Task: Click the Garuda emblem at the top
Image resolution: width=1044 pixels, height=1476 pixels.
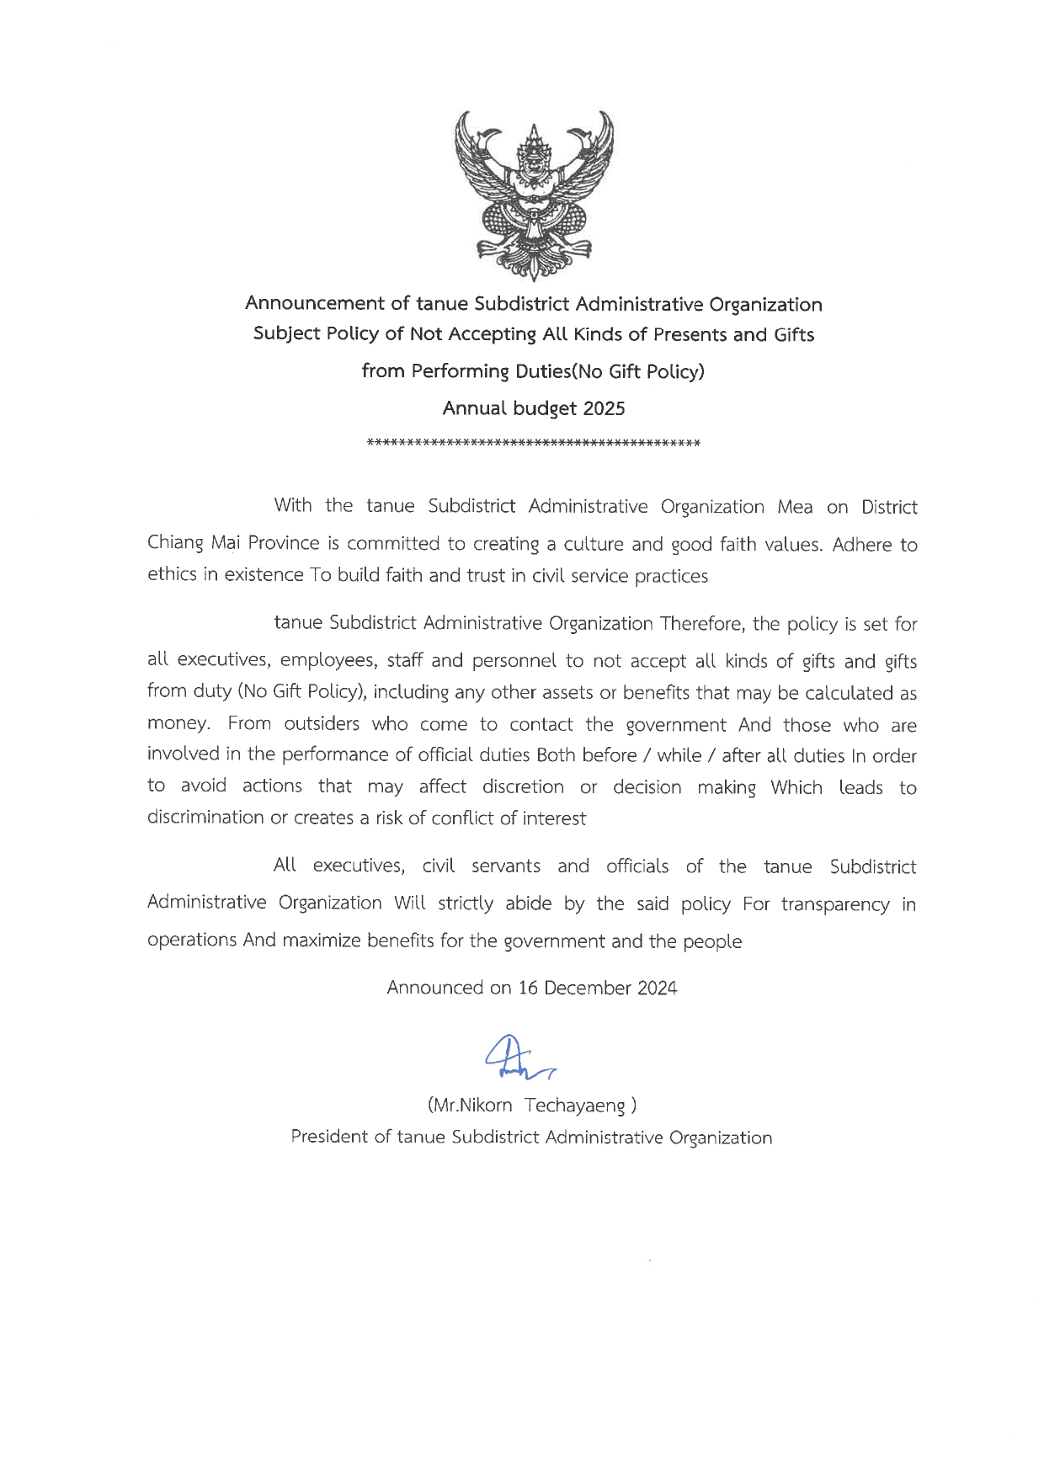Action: click(534, 194)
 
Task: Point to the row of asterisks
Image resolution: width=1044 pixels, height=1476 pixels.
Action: click(534, 443)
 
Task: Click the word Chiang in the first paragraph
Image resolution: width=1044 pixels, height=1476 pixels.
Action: click(175, 543)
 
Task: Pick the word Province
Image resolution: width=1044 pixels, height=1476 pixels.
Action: click(284, 543)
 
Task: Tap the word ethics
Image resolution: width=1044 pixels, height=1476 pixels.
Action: click(172, 575)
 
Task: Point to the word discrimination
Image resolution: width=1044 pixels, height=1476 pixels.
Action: click(205, 818)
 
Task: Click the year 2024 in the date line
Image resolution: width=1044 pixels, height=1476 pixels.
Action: click(657, 988)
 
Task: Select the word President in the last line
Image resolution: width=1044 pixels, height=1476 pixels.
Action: click(328, 1137)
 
